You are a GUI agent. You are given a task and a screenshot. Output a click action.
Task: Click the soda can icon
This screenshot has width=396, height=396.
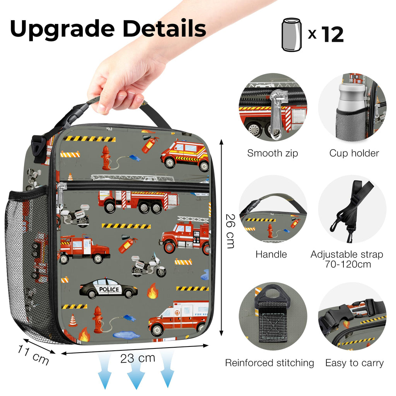(291, 34)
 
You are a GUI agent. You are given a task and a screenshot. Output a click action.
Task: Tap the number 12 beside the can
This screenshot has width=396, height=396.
(332, 34)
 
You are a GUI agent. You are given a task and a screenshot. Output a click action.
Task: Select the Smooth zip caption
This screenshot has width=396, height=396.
(273, 153)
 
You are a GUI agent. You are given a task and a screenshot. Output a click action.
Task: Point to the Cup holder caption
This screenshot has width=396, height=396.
(354, 153)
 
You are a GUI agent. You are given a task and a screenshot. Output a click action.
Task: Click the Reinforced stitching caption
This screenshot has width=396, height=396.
(270, 363)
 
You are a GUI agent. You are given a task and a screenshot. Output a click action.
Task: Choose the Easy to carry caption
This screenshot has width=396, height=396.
(354, 363)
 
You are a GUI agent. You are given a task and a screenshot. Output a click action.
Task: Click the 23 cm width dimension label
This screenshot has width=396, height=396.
(138, 358)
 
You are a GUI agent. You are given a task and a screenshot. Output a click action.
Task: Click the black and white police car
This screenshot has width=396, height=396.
(108, 289)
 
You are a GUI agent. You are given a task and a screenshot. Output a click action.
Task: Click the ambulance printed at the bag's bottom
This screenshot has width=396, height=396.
(178, 318)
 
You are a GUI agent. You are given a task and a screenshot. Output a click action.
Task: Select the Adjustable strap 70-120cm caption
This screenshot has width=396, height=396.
(346, 259)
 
